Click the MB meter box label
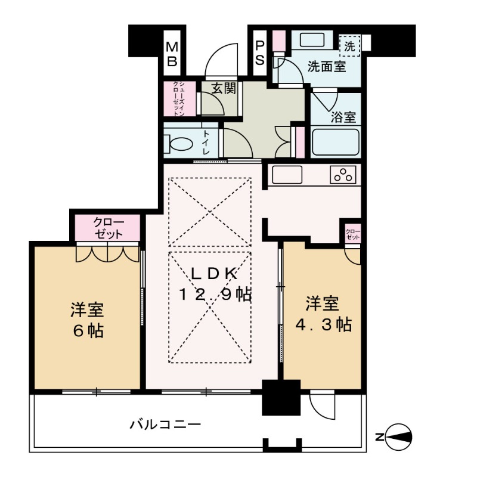pyautogui.click(x=172, y=53)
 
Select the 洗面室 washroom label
pyautogui.click(x=326, y=66)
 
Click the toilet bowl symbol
pyautogui.click(x=178, y=144)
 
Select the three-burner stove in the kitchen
pyautogui.click(x=343, y=175)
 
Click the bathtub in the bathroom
pyautogui.click(x=335, y=142)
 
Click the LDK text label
pyautogui.click(x=215, y=274)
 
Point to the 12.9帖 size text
pyautogui.click(x=216, y=294)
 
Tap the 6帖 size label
pyautogui.click(x=88, y=330)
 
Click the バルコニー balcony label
pyautogui.click(x=165, y=425)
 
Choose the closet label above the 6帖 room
pyautogui.click(x=107, y=227)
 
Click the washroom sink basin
pyautogui.click(x=311, y=41)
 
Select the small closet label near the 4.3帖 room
pyautogui.click(x=353, y=234)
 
